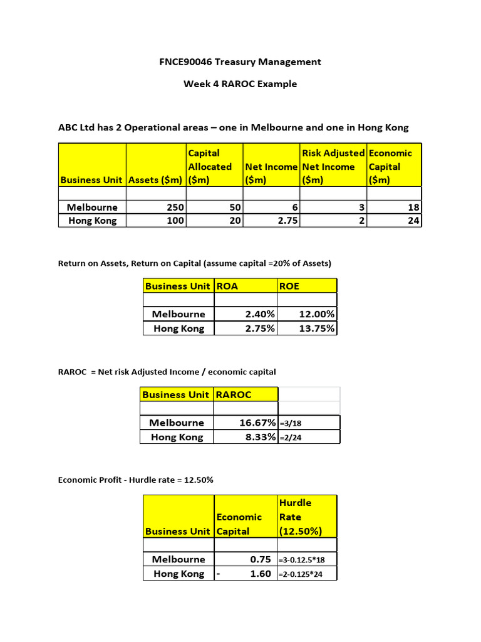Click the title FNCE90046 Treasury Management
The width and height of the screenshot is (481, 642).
tap(240, 61)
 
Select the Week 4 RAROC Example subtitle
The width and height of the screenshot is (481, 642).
tap(240, 84)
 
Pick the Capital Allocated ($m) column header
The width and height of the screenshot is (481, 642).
tap(210, 166)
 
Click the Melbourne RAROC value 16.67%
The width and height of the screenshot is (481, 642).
tap(257, 423)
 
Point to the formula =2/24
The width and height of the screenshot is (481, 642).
tap(291, 438)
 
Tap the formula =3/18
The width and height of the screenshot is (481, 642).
tap(291, 423)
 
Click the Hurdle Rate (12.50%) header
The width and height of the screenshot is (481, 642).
tap(300, 517)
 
